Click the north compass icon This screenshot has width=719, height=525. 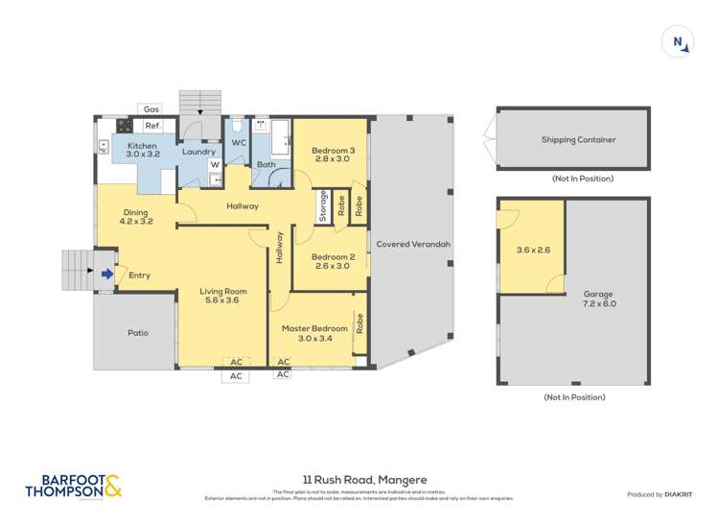coord(678,41)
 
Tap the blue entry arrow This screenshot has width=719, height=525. coord(106,275)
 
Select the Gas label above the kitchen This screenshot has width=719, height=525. coord(151,109)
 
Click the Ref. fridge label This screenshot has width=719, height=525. coord(152,126)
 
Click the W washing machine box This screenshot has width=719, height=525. coord(215,164)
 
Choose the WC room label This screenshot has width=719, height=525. coord(239,142)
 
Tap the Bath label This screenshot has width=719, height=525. coord(266,164)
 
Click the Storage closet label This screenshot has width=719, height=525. coord(324,206)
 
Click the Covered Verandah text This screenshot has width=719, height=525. coord(413,245)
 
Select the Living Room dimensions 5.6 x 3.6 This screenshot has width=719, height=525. coord(223,300)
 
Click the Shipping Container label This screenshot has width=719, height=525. coord(578,139)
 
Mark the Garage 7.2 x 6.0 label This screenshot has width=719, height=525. coord(598,298)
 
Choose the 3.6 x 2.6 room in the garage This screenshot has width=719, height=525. coord(529,250)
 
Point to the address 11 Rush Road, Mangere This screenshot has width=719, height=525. coord(359,480)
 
